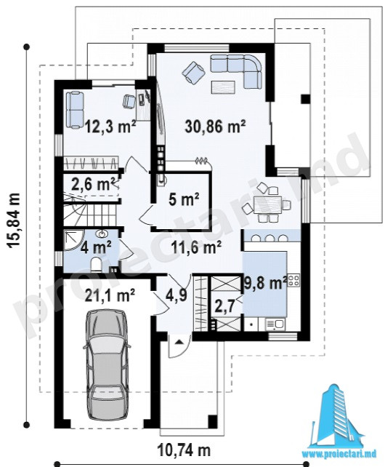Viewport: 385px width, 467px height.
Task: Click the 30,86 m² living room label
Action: pos(215,127)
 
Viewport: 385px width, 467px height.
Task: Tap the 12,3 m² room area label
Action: pos(110,126)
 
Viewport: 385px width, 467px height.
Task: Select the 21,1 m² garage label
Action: pos(110,295)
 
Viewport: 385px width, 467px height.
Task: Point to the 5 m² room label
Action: pos(184,199)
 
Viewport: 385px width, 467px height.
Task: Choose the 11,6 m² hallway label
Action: pos(196,247)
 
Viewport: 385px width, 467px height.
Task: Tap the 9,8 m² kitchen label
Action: pos(266,282)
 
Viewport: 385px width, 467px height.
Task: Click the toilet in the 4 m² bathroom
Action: pos(96,264)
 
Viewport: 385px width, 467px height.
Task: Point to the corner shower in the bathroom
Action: pos(73,239)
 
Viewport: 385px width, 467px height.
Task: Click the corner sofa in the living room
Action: pos(237,71)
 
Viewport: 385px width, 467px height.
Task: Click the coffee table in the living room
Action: pos(223,87)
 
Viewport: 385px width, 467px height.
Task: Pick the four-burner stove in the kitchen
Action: pos(293,280)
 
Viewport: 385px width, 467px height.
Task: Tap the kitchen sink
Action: pos(275,324)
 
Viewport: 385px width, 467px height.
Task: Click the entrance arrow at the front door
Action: pos(179,342)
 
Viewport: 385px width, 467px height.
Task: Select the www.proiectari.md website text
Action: pos(339,454)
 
